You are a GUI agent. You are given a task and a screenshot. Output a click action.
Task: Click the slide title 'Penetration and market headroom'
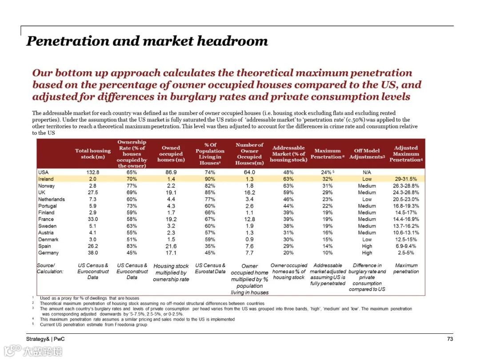pos(147,41)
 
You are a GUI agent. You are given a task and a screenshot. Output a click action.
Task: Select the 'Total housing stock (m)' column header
pos(93,154)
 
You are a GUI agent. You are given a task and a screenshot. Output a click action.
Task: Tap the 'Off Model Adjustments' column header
pos(367,154)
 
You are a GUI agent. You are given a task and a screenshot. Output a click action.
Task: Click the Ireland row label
pos(46,179)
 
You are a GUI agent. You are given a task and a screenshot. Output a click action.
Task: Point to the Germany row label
pos(48,253)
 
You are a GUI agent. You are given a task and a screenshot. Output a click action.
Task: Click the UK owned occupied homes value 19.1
pos(171,192)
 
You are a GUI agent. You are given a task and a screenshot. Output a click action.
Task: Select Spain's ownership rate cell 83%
pos(132,246)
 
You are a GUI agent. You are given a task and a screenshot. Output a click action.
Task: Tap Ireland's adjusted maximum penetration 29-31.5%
pos(405,179)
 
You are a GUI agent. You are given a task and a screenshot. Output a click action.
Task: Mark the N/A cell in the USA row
pos(367,172)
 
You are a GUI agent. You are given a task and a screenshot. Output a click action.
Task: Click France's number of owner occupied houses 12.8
pos(249,220)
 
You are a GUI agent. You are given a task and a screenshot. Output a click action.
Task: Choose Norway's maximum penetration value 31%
pos(328,186)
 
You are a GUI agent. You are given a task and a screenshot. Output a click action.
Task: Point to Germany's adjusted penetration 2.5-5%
pos(405,253)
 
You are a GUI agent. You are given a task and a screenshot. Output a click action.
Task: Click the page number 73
pos(450,339)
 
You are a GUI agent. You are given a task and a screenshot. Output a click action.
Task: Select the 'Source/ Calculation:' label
pos(50,268)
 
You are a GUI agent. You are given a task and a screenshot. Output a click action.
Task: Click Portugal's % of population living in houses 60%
pos(210,206)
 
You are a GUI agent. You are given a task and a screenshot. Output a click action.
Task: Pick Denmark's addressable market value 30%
pos(288,240)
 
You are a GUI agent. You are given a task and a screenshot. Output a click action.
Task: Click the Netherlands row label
pos(52,200)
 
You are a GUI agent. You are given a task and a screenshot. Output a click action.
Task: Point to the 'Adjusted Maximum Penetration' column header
pos(405,154)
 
